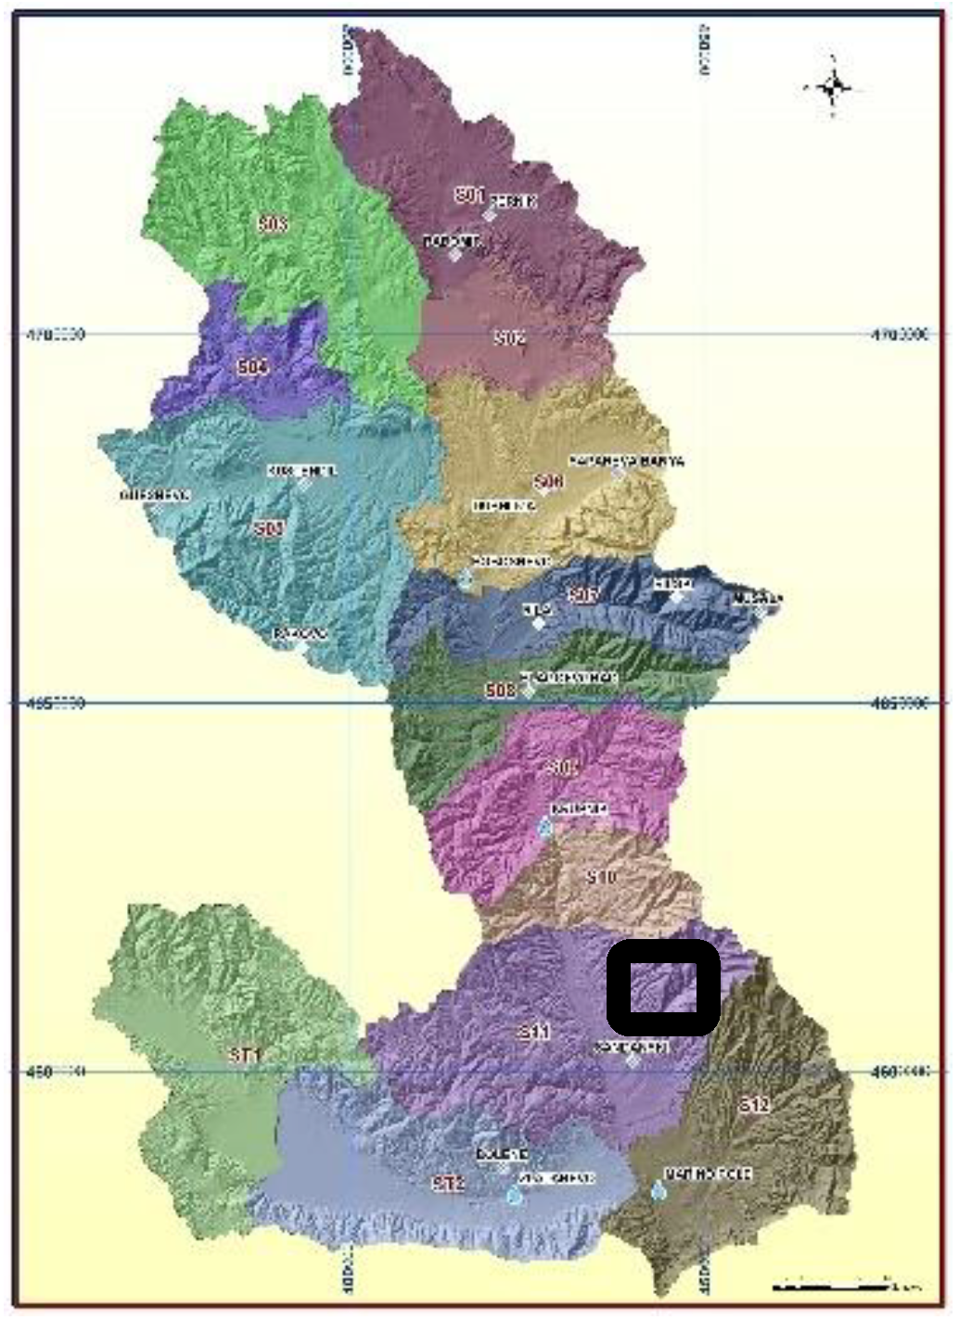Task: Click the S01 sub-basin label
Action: [x=469, y=195]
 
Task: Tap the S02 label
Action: [x=508, y=338]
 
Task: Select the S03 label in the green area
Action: [x=273, y=224]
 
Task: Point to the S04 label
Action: [x=252, y=368]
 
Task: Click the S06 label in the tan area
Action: [x=548, y=482]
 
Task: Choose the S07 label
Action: [x=583, y=595]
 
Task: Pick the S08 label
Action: [x=500, y=691]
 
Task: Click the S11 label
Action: [x=535, y=1032]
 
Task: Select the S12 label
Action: [x=755, y=1105]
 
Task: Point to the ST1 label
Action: [x=246, y=1055]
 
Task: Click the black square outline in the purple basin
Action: [x=663, y=987]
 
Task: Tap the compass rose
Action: [x=833, y=89]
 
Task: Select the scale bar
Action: [x=830, y=1286]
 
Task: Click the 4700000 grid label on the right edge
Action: [x=901, y=335]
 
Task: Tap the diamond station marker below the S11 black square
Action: [x=632, y=1060]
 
